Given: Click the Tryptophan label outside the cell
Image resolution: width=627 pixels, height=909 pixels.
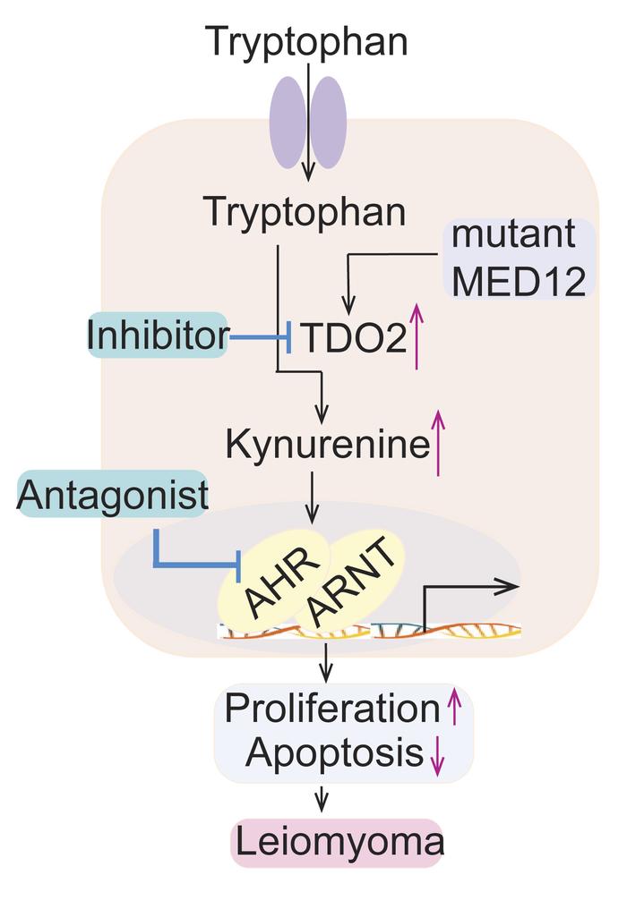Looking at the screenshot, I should [x=306, y=41].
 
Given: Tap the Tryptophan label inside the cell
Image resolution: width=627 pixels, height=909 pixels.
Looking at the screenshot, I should [x=305, y=212].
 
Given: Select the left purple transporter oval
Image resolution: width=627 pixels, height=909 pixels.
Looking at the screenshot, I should [x=289, y=123].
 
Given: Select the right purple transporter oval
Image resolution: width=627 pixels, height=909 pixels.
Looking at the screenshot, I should [x=329, y=123].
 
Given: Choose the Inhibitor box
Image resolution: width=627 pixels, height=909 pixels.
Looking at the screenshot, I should [x=157, y=336].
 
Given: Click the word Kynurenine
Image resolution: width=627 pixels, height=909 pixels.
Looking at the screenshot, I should [x=328, y=444].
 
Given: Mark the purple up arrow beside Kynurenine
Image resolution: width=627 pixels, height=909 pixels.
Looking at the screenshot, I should [x=438, y=443].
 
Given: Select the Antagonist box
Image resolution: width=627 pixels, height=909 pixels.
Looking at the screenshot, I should [x=112, y=495].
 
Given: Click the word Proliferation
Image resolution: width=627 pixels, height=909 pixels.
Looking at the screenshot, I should [x=331, y=708].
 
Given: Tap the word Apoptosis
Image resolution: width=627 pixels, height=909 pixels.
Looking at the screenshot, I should [x=334, y=753].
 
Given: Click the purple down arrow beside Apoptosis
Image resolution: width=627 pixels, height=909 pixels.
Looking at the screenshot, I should [x=437, y=757].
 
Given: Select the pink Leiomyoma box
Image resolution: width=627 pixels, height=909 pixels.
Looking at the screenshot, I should [x=338, y=842].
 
